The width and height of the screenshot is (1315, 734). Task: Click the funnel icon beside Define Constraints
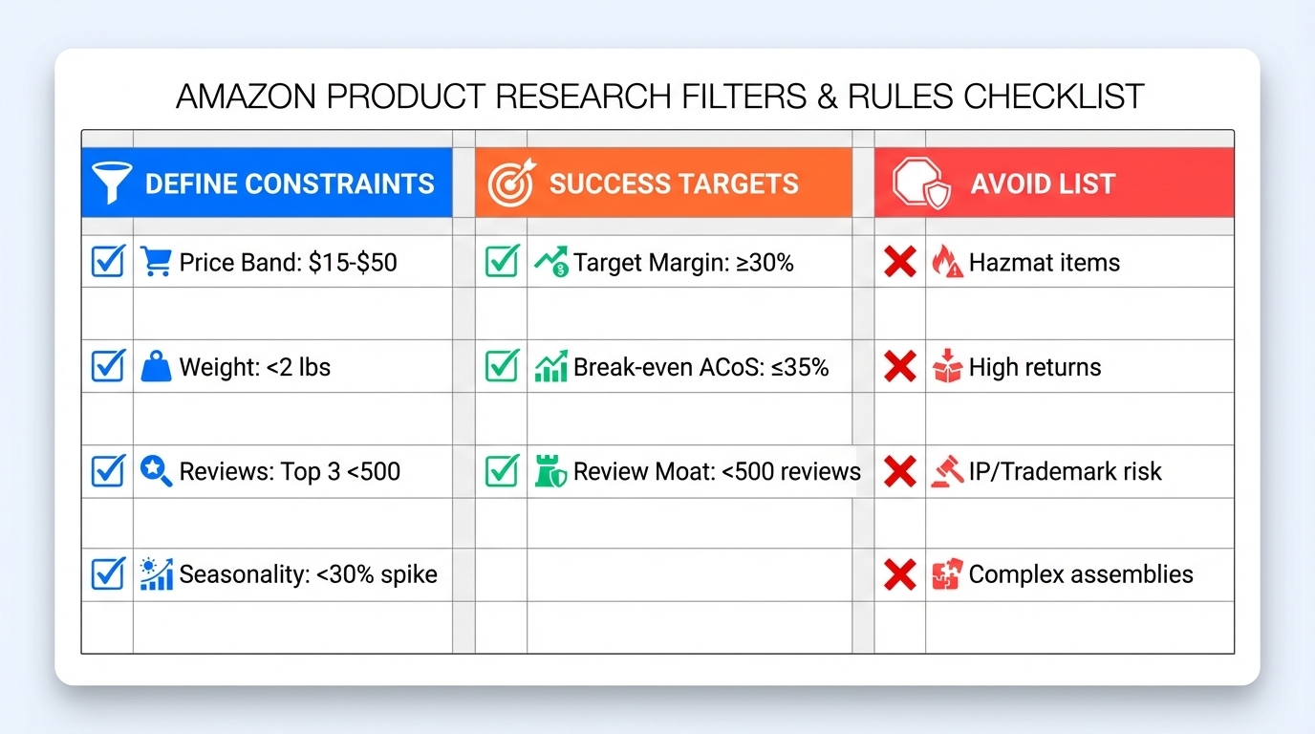click(x=110, y=183)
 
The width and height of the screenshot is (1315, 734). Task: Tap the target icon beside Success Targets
click(x=511, y=183)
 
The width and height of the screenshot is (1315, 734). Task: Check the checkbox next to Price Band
click(x=108, y=262)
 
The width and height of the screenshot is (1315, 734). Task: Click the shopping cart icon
click(x=156, y=262)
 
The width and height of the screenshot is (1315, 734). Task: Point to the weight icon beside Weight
click(x=156, y=367)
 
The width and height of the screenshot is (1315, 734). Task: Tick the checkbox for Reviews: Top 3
click(x=108, y=471)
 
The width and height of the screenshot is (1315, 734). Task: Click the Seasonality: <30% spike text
click(x=308, y=574)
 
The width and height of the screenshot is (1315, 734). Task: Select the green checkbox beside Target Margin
click(x=502, y=262)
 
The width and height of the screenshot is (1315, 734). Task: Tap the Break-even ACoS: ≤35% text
click(x=701, y=367)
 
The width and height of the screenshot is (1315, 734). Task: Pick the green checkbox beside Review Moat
click(x=502, y=471)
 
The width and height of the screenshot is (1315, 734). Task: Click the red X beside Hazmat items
click(x=899, y=262)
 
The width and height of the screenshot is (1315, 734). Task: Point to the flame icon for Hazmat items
click(x=947, y=262)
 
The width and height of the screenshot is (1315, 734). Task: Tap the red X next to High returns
click(x=899, y=367)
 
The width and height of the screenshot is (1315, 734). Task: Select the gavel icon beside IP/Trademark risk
click(x=947, y=471)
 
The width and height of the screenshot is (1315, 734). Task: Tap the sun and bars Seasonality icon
click(x=156, y=574)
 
